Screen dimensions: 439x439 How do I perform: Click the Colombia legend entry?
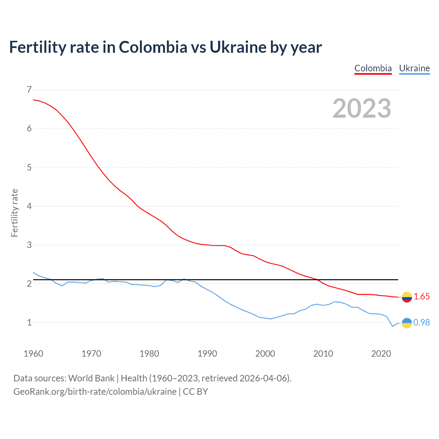(373, 68)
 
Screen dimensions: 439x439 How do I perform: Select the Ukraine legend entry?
(414, 68)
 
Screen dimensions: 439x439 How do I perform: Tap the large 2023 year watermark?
(362, 108)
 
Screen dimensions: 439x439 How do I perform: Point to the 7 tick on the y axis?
(29, 90)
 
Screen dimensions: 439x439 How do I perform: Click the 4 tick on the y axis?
(29, 206)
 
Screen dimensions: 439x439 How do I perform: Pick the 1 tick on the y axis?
(29, 322)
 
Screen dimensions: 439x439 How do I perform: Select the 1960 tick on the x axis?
(33, 354)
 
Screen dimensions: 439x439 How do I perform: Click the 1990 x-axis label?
(207, 354)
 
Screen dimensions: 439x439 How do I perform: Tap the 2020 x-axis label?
(381, 354)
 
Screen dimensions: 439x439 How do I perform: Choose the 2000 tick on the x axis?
(265, 354)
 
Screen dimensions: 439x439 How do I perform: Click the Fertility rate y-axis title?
(14, 213)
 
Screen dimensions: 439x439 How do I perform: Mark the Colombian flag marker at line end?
(407, 297)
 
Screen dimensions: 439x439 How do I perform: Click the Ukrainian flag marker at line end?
(407, 323)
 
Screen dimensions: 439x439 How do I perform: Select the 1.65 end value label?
(422, 297)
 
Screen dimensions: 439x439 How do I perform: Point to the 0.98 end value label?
(422, 322)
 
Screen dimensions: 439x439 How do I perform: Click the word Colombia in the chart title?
(153, 47)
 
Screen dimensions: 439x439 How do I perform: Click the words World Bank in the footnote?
(91, 378)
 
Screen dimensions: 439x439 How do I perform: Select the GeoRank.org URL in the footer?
(95, 392)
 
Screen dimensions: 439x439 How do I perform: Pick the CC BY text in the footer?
(195, 392)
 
